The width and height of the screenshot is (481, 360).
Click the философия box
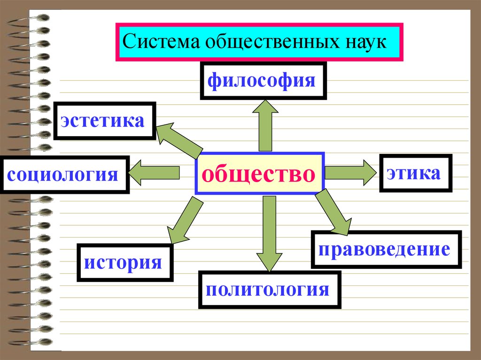[263, 81]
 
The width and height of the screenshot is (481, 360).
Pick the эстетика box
[105, 121]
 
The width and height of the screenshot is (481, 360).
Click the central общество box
[259, 173]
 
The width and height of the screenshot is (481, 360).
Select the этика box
[416, 173]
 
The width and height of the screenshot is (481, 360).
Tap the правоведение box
[386, 249]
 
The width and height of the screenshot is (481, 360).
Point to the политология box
[270, 290]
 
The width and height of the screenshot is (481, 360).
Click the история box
[125, 262]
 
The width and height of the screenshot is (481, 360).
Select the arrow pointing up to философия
[265, 125]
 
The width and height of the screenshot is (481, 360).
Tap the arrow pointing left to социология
[154, 173]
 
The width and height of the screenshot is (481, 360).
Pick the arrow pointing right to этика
[350, 172]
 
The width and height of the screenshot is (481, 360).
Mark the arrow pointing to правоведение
[334, 212]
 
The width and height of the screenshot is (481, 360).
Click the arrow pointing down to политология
[269, 234]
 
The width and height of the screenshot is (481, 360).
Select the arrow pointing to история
[185, 220]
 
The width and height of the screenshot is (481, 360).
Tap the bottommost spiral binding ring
[29, 342]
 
